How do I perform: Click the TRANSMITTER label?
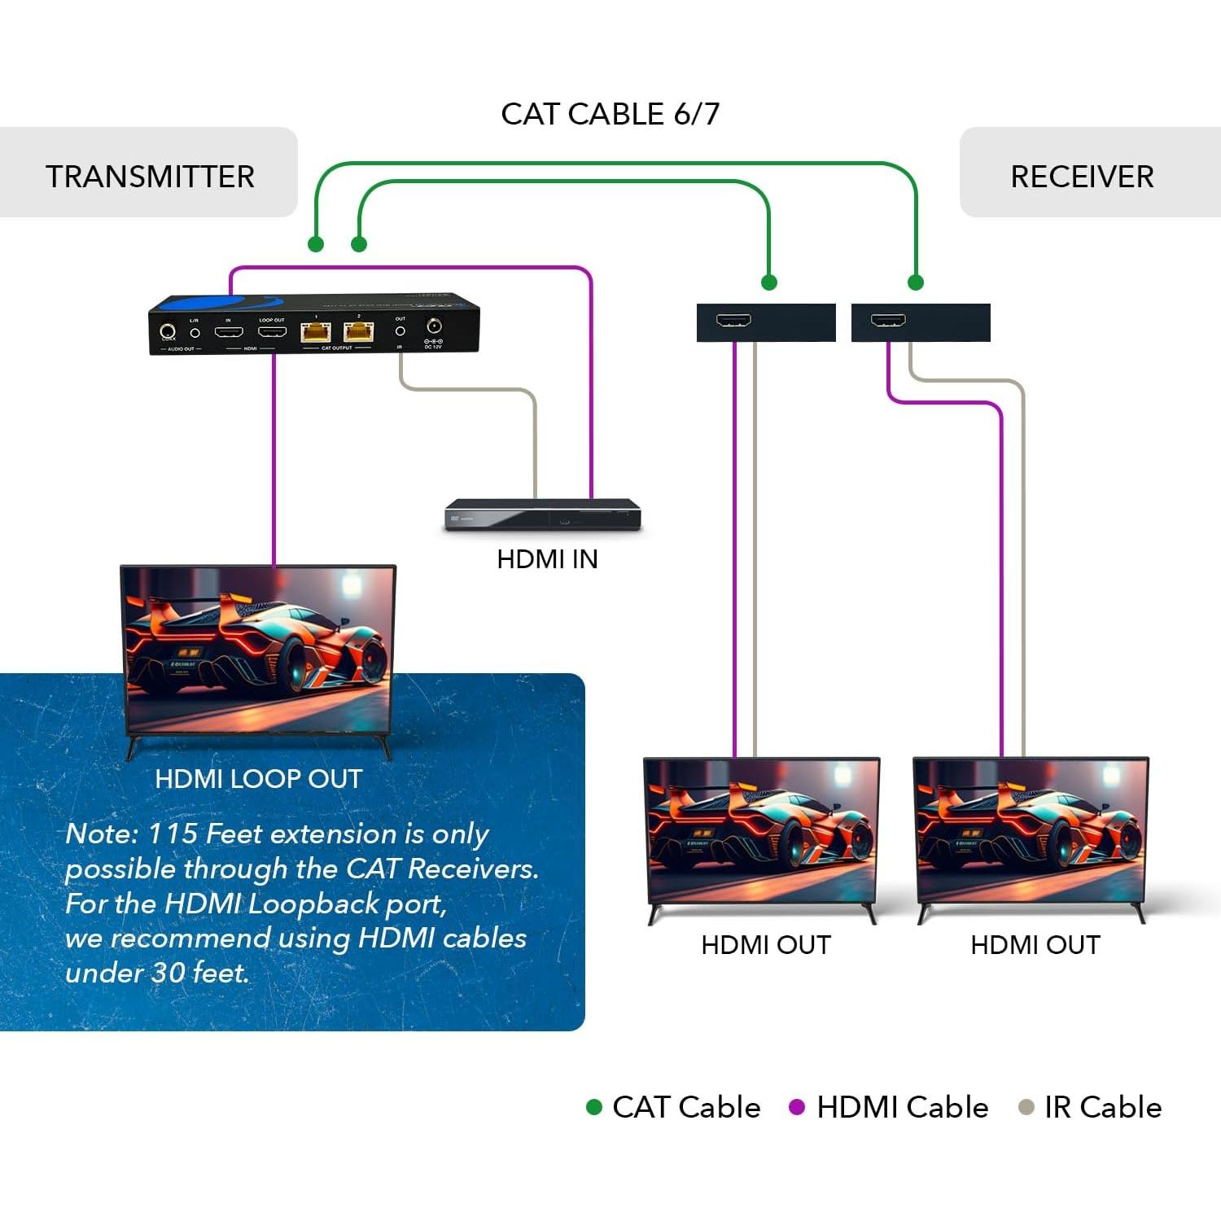[150, 177]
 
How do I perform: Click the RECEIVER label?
[1082, 177]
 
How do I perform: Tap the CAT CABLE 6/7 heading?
[610, 114]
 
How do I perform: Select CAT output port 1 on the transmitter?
[315, 331]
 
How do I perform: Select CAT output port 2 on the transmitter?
[358, 331]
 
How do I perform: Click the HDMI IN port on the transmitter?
[229, 331]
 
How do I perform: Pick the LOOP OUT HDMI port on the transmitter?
[272, 331]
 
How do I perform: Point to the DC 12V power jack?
[434, 326]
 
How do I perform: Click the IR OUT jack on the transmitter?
[400, 331]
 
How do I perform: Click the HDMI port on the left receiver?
[733, 320]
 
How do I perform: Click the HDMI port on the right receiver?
[888, 320]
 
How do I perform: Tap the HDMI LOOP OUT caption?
[258, 779]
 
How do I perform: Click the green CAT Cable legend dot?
[594, 1107]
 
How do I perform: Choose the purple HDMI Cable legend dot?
[797, 1107]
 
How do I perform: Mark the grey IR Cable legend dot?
[1026, 1107]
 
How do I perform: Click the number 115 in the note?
[173, 834]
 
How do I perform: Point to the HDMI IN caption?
[547, 559]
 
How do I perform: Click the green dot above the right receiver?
[916, 282]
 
